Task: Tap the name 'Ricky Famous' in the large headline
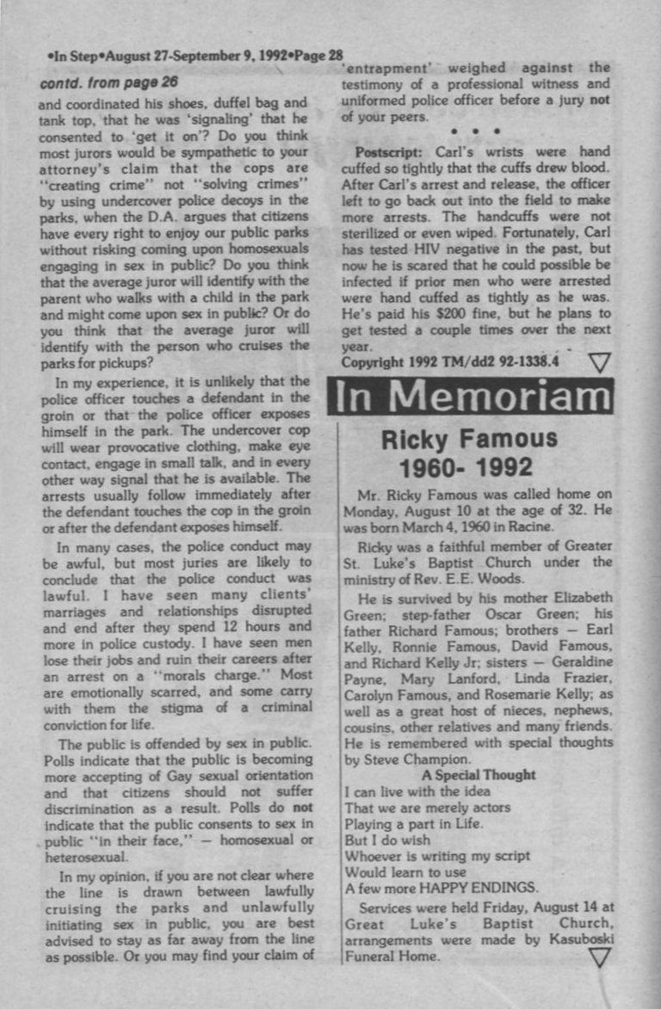469,440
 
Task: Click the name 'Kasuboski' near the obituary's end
580,940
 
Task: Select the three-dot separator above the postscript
474,132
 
